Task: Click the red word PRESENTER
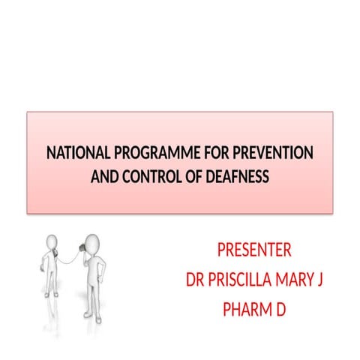253,250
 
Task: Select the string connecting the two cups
70,259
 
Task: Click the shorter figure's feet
49,293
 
